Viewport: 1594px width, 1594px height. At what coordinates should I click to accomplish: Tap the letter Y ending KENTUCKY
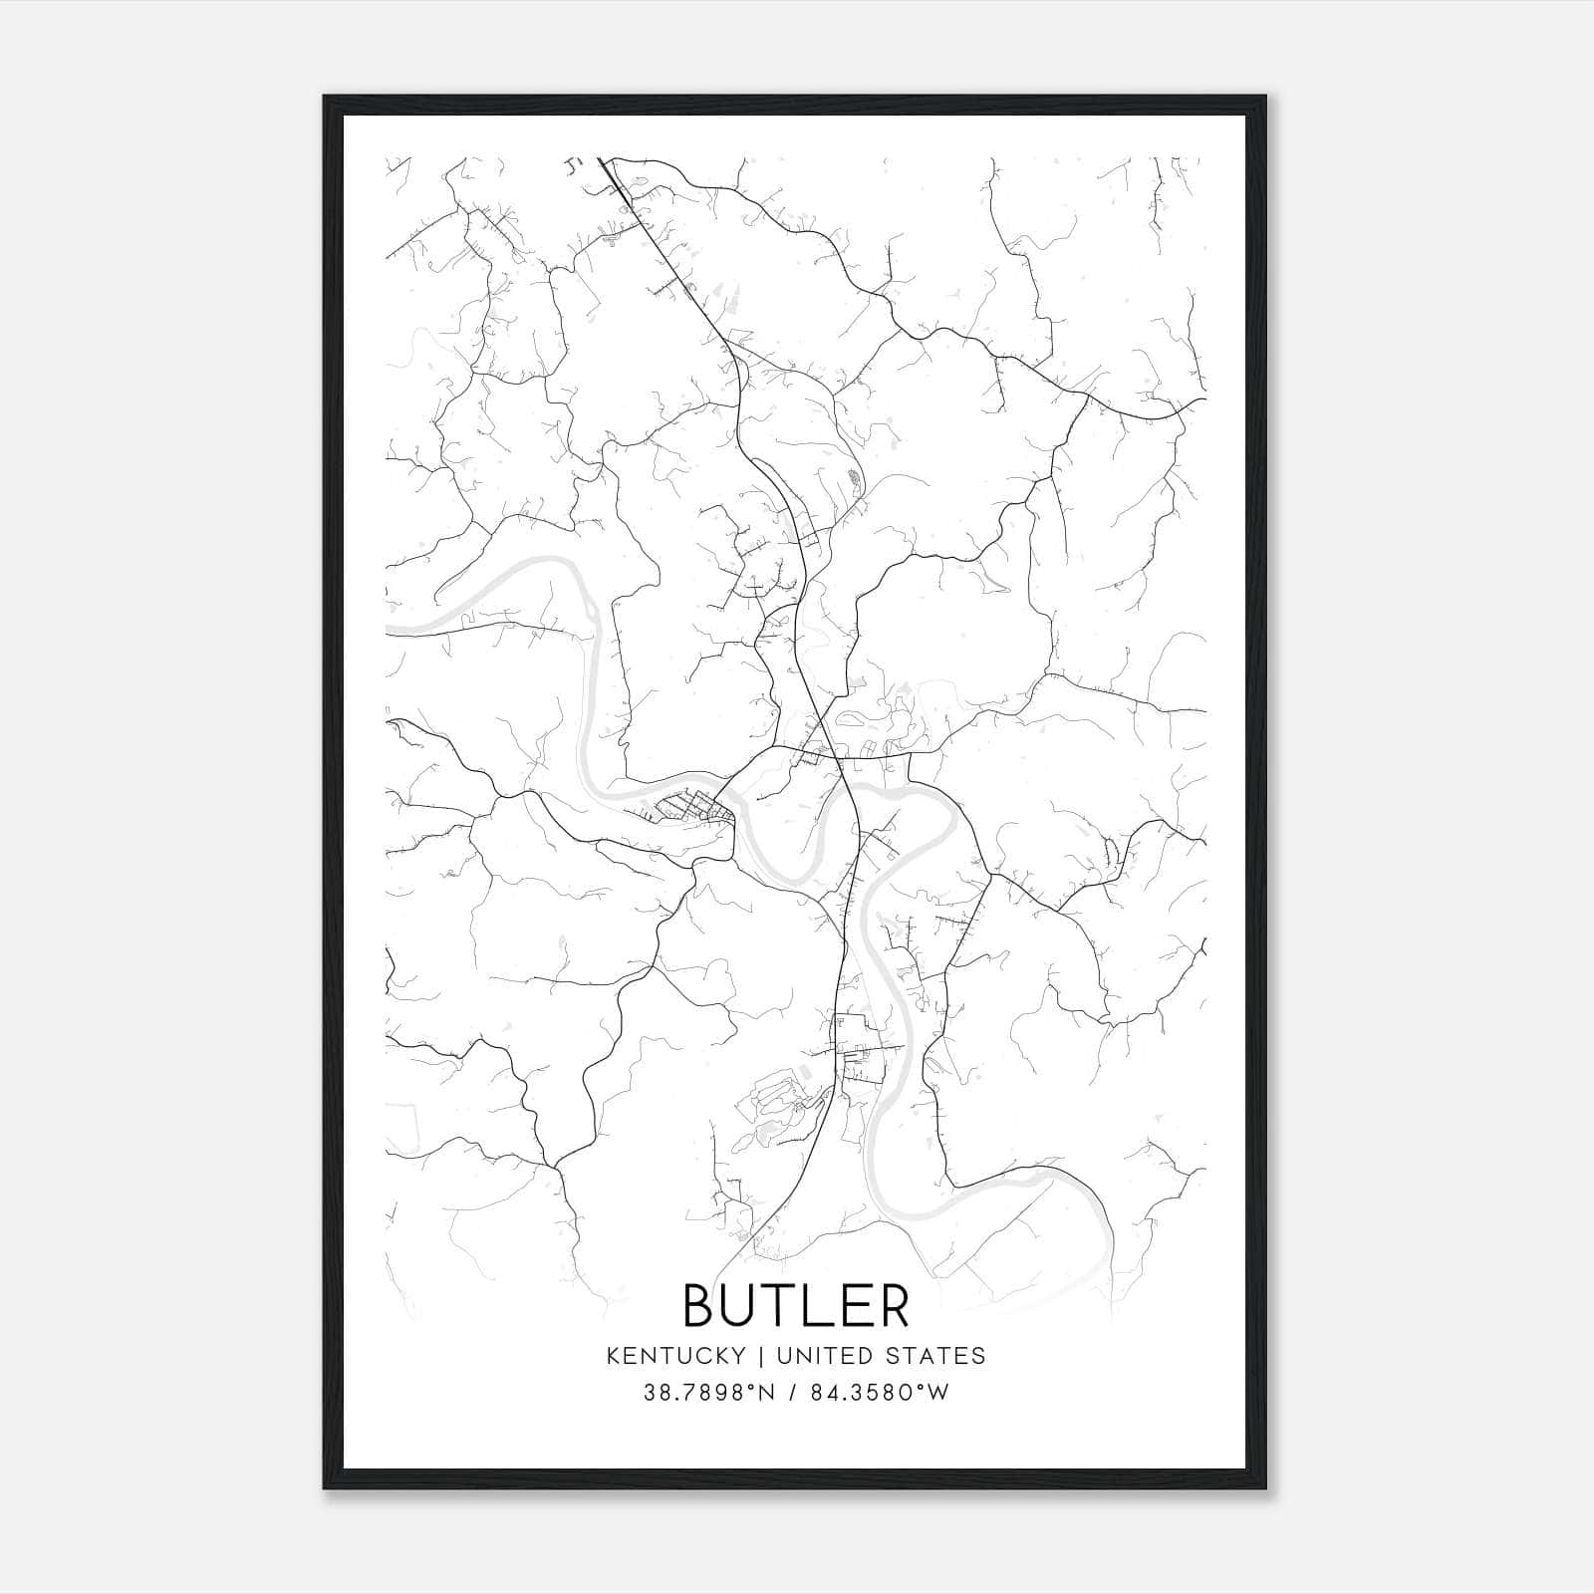738,1356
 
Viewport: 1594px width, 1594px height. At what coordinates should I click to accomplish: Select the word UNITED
811,1356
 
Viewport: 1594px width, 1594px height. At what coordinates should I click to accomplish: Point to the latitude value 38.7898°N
709,1393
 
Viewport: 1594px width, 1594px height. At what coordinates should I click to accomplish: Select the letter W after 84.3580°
938,1393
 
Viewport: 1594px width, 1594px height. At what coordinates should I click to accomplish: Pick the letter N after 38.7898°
767,1393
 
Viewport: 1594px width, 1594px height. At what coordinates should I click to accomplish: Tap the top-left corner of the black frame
326,98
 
